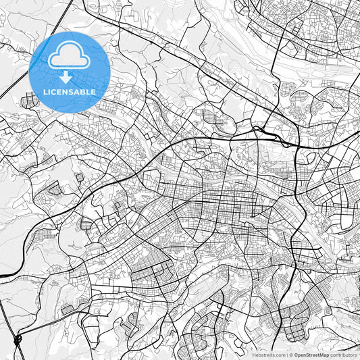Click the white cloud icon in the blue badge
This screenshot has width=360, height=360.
[x=70, y=57]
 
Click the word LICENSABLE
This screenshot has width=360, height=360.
[x=70, y=91]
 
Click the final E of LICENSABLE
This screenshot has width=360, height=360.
[x=95, y=91]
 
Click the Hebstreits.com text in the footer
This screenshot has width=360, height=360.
[x=269, y=355]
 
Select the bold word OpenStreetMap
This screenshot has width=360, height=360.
[x=311, y=355]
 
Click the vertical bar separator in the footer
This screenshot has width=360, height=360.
[x=286, y=355]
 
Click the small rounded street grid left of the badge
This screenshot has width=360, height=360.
[x=28, y=102]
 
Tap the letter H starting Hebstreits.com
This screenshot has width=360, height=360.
[x=254, y=355]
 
